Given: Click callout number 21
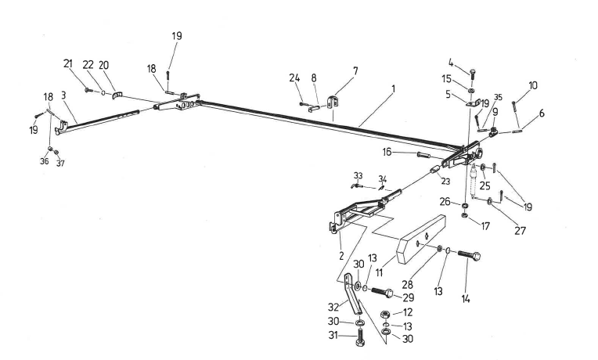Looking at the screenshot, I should click(x=67, y=63).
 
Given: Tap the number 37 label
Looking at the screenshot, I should click(x=60, y=164).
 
